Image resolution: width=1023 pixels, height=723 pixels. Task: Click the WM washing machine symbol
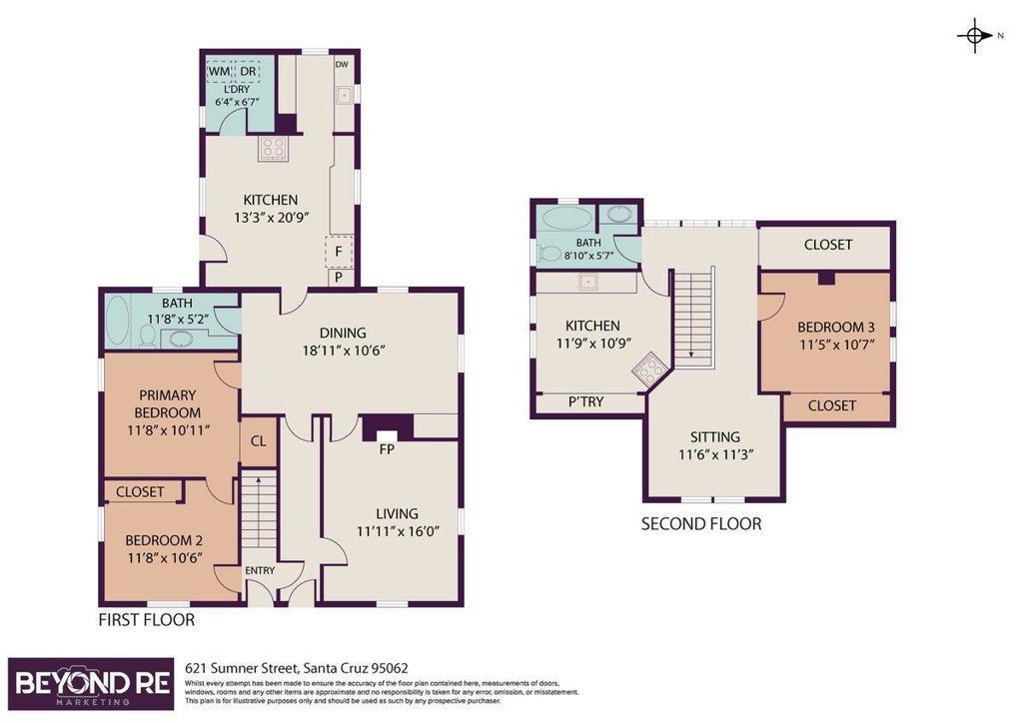[x=219, y=71]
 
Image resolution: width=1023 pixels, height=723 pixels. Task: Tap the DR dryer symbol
[x=248, y=71]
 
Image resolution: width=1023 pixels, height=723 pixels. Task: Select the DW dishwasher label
[x=342, y=65]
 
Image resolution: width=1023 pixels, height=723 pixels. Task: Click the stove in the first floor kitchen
[x=274, y=150]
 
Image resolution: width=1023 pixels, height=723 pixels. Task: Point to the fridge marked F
[x=339, y=251]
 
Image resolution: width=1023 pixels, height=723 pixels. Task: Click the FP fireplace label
[x=387, y=449]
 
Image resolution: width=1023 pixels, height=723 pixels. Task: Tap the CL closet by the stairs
[x=259, y=441]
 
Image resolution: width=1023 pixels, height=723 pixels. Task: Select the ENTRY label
[x=260, y=570]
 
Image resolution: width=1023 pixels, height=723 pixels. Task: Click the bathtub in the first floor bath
[x=118, y=321]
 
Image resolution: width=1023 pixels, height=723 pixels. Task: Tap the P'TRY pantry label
[x=585, y=402]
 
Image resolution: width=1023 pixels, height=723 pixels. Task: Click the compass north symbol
[x=975, y=35]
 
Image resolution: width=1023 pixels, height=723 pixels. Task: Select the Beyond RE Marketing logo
[x=91, y=683]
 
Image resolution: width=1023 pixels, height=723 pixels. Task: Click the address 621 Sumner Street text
[x=297, y=668]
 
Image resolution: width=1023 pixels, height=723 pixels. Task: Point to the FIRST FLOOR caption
[x=146, y=619]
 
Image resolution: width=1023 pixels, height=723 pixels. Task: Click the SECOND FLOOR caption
[x=700, y=524]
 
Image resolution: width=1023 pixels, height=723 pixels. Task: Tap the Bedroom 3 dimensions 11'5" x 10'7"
[x=836, y=345]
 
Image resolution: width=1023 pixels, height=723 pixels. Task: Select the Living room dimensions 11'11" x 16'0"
[x=398, y=531]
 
